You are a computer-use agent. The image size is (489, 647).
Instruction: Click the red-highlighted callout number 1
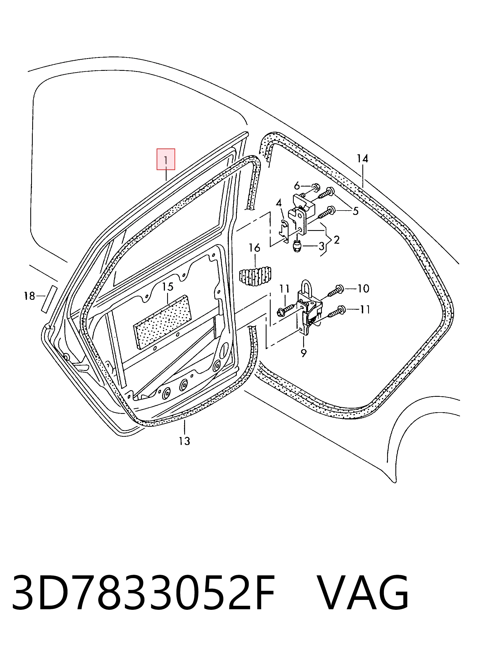coord(166,160)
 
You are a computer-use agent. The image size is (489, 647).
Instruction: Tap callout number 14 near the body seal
coord(362,158)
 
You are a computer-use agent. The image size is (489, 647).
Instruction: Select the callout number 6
coord(297,186)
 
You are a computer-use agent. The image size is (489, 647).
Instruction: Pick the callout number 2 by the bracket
coord(337,240)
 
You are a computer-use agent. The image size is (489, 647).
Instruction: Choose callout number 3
coord(322,246)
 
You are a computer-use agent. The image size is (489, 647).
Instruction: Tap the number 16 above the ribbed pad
coord(254,248)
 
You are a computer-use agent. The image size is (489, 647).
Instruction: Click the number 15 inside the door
coord(168,287)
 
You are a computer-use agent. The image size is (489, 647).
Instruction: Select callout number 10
coord(363,289)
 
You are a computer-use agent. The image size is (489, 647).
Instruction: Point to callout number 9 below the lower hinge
coord(304,353)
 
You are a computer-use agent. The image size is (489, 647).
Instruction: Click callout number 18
coord(29,296)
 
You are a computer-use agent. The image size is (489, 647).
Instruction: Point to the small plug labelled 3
coord(297,246)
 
